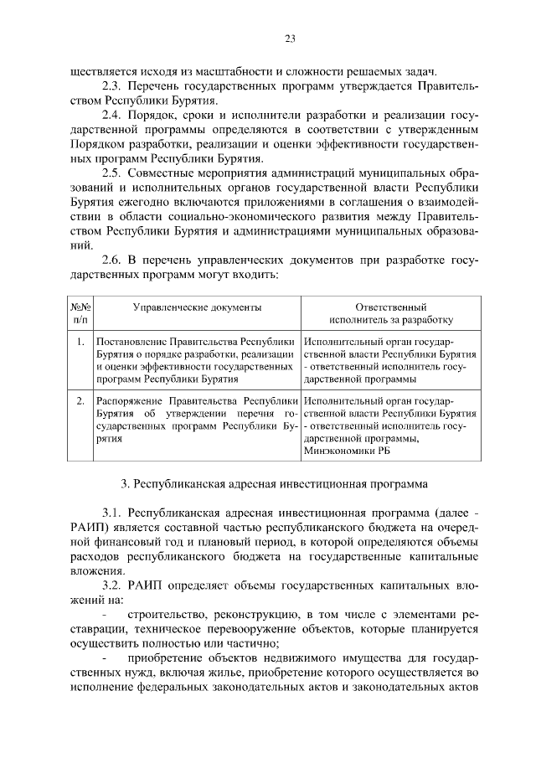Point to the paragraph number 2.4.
click(x=112, y=115)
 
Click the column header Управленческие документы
click(x=198, y=307)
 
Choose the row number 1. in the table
click(x=80, y=342)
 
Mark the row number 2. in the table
click(x=80, y=401)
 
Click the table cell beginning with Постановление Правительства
click(x=196, y=360)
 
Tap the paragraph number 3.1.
click(x=112, y=513)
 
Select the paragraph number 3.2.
click(x=112, y=585)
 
